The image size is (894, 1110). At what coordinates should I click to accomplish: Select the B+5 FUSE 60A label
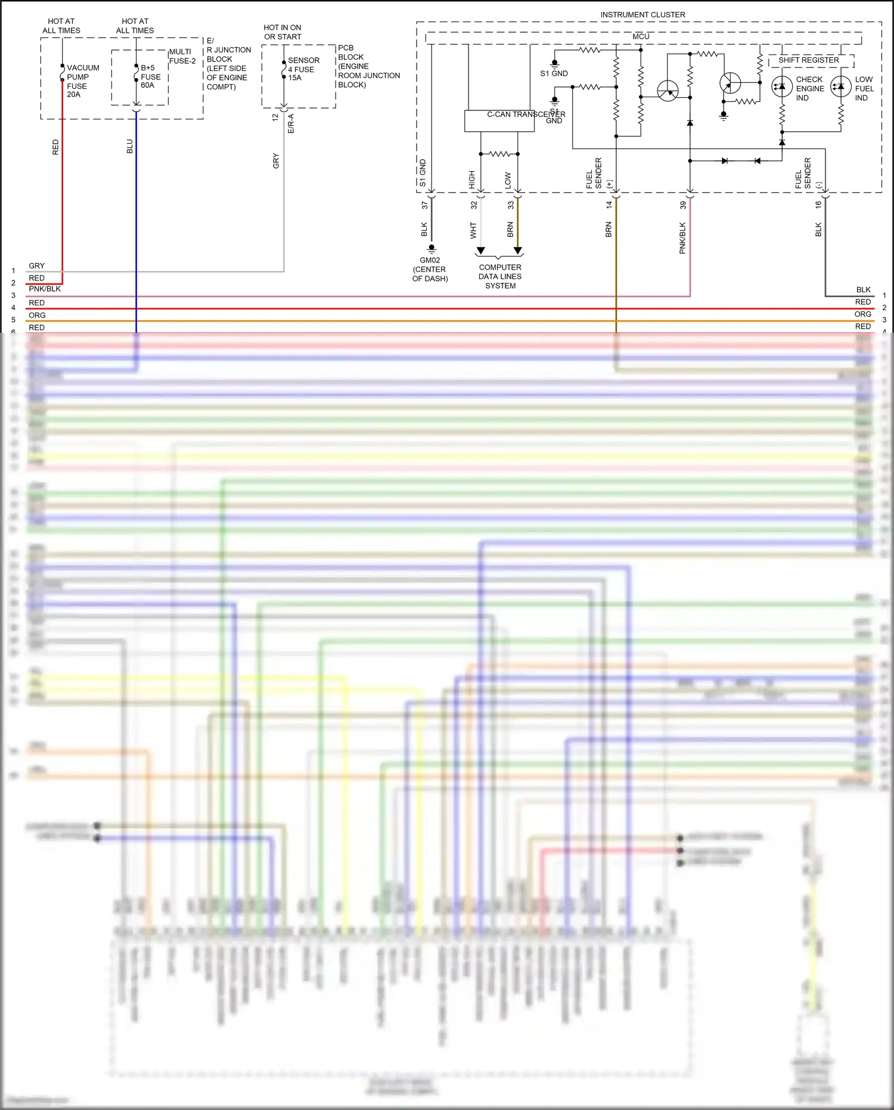150,76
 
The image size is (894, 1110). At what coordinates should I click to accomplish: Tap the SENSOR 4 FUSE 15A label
303,69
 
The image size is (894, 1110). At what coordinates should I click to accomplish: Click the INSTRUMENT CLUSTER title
642,14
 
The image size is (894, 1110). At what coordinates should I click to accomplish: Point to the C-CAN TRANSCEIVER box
499,120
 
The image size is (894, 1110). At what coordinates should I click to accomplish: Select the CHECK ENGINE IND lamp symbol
782,87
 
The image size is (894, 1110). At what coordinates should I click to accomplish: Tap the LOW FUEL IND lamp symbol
841,87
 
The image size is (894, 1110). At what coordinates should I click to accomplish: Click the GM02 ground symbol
432,249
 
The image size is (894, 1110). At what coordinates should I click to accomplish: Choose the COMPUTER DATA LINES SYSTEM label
500,276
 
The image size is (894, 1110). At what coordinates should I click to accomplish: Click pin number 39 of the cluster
683,205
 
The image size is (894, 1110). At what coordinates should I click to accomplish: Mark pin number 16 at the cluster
818,204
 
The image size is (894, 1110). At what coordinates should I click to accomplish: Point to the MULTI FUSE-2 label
182,56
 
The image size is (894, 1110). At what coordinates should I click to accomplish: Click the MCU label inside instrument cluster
641,36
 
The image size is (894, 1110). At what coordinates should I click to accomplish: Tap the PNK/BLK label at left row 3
45,289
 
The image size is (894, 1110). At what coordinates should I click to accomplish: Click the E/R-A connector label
291,123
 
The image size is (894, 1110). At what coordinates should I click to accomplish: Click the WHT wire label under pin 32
473,230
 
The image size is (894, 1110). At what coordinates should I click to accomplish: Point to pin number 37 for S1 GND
424,205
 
